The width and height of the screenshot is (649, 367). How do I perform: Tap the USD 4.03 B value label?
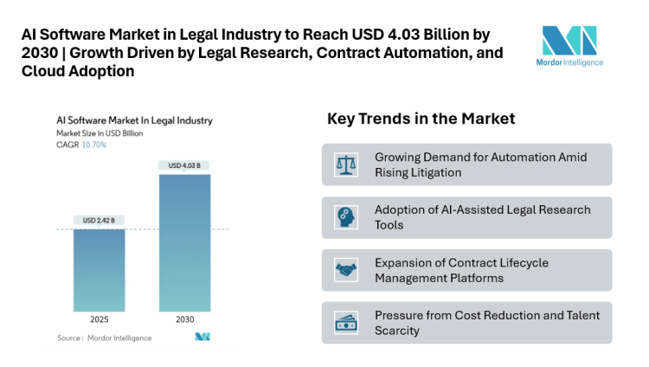click(183, 165)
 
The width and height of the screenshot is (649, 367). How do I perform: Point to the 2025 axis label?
click(100, 319)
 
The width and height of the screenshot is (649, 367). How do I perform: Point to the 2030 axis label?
click(183, 319)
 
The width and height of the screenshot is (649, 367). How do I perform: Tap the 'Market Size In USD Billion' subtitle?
click(100, 134)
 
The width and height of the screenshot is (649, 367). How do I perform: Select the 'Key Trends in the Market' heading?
click(421, 119)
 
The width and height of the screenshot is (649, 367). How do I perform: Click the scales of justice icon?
click(346, 164)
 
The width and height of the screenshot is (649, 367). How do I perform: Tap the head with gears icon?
click(346, 217)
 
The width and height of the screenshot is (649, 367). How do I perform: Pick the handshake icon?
click(346, 270)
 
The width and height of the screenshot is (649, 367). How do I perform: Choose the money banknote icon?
click(346, 323)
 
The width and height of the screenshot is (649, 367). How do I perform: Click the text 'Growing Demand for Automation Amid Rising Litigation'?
click(480, 164)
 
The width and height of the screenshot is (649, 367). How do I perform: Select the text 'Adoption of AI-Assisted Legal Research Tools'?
click(482, 217)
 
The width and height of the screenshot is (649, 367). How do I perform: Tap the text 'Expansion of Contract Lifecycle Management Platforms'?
click(461, 270)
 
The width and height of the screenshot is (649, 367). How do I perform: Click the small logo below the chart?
click(203, 337)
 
